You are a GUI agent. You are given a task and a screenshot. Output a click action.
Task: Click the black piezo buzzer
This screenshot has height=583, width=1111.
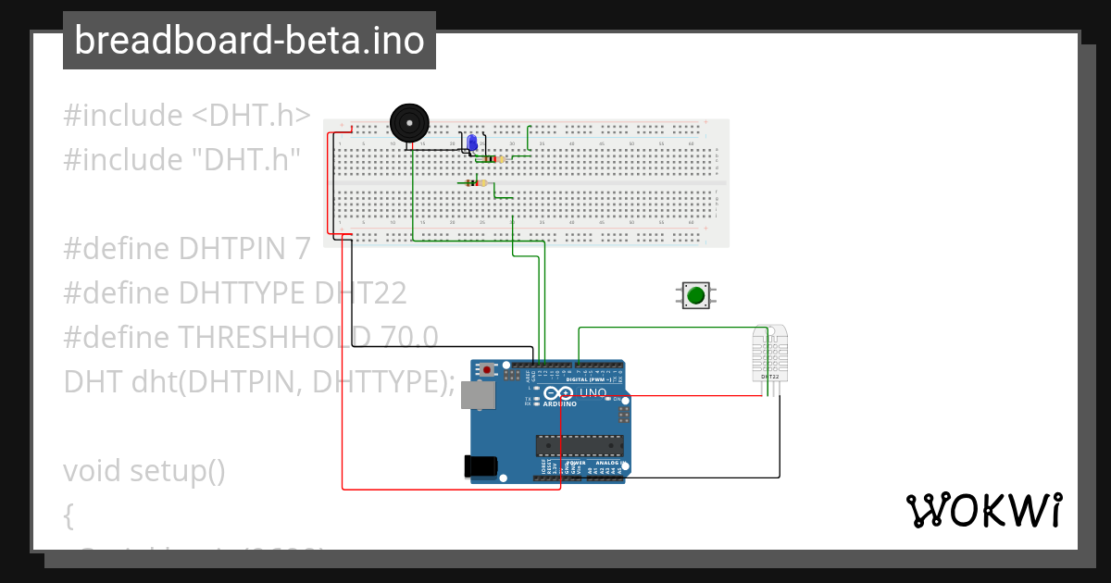pyautogui.click(x=409, y=122)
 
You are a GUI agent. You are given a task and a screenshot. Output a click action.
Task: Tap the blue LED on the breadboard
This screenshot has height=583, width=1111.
pyautogui.click(x=472, y=143)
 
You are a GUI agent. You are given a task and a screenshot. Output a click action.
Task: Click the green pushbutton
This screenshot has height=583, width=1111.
pyautogui.click(x=695, y=295)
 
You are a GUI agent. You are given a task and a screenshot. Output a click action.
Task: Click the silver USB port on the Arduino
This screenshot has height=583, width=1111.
pyautogui.click(x=479, y=395)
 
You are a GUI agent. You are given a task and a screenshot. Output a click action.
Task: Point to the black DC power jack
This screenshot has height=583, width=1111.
pyautogui.click(x=480, y=465)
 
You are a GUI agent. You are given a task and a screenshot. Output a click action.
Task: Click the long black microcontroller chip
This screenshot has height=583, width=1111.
pyautogui.click(x=580, y=445)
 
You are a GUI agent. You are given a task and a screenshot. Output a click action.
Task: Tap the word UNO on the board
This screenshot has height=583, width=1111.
pyautogui.click(x=593, y=393)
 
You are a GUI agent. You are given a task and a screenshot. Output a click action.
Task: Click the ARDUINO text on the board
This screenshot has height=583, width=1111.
pyautogui.click(x=560, y=404)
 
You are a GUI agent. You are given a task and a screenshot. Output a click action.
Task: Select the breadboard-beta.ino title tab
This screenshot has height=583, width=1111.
pyautogui.click(x=249, y=41)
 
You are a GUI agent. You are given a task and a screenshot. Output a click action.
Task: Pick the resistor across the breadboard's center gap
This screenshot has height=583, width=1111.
pyautogui.click(x=478, y=183)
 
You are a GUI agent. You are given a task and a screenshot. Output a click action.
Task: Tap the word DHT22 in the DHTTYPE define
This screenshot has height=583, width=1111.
pyautogui.click(x=360, y=292)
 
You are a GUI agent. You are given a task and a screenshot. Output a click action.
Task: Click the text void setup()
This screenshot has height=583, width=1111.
pyautogui.click(x=144, y=470)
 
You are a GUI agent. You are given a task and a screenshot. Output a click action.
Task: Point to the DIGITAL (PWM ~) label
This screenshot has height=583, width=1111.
pyautogui.click(x=593, y=379)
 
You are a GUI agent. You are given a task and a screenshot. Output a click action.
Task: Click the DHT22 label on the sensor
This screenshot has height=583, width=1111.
pyautogui.click(x=769, y=378)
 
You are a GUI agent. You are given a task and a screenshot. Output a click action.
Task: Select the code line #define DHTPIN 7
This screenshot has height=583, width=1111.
pyautogui.click(x=186, y=248)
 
